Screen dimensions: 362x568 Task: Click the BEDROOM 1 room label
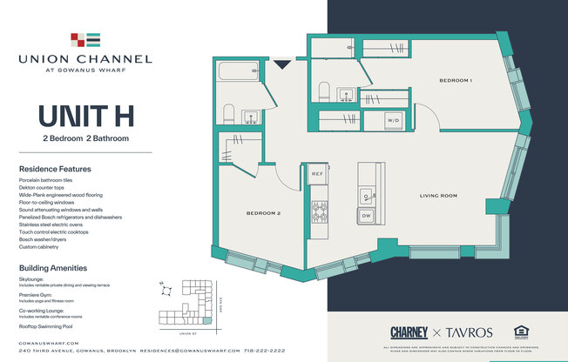pyautogui.click(x=455, y=81)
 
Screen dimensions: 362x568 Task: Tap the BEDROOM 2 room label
pyautogui.click(x=263, y=213)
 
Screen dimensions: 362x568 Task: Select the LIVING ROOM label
pyautogui.click(x=439, y=196)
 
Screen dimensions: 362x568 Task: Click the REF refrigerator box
pyautogui.click(x=318, y=175)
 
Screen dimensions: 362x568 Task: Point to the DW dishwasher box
pyautogui.click(x=367, y=215)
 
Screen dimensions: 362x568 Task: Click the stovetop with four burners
pyautogui.click(x=320, y=209)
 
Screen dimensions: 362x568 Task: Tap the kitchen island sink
pyautogui.click(x=367, y=196)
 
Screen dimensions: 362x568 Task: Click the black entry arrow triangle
pyautogui.click(x=281, y=64)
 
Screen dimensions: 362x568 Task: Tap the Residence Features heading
pyautogui.click(x=55, y=169)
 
